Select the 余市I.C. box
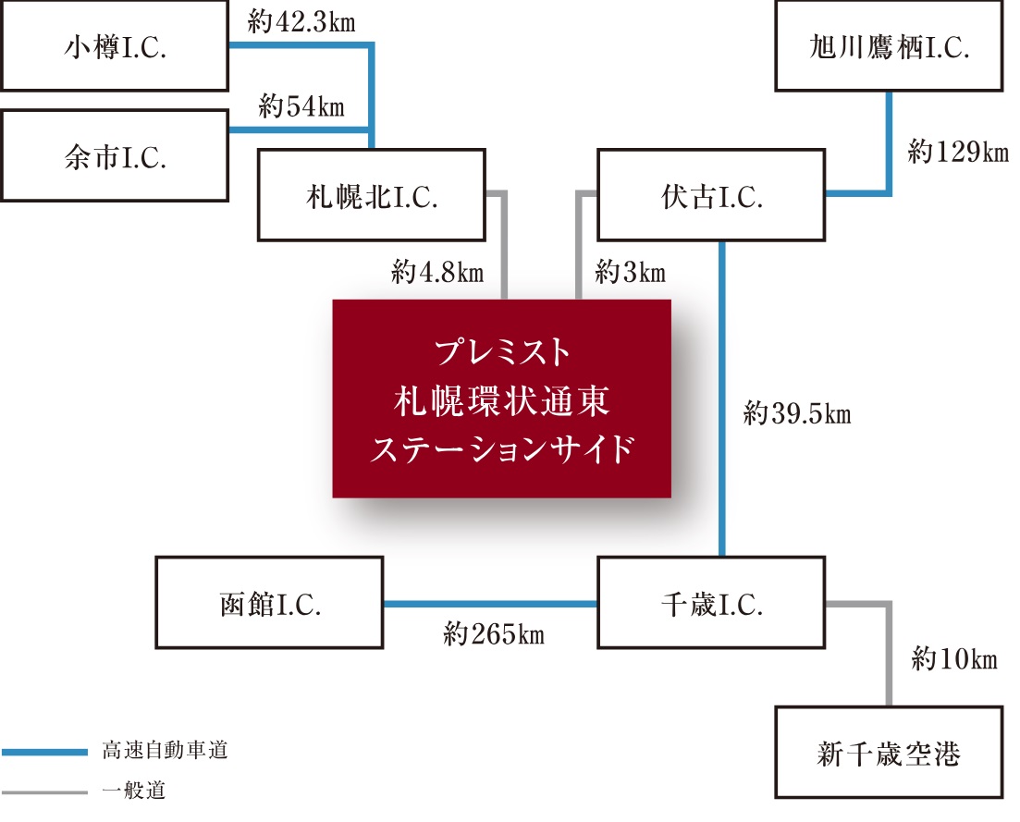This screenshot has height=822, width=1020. pos(115,156)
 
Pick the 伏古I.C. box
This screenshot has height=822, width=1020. pos(711,196)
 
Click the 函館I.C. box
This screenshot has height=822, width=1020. pos(269,603)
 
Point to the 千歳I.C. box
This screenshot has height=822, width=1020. pos(710,603)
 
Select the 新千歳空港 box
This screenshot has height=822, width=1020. pos(888,753)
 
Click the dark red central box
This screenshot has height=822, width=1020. pos(501,399)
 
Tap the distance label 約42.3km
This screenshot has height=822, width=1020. pos(301,22)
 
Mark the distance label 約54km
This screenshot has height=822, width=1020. pos(301,107)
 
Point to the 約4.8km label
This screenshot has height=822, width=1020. pos(437,273)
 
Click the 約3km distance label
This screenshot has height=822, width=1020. pos(631,273)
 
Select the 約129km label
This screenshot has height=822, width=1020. pos(957,153)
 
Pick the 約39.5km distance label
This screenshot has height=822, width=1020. pos(796,413)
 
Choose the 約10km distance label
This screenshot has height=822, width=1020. pos(953,659)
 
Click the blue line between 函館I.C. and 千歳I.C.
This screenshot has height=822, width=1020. pos(490,604)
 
